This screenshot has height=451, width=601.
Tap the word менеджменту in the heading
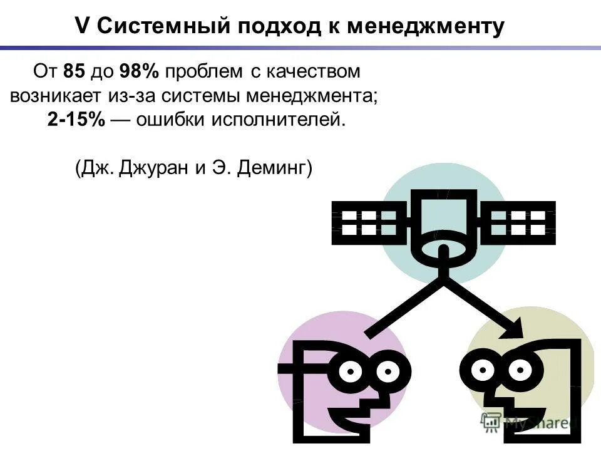426,26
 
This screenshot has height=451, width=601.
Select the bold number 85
74,72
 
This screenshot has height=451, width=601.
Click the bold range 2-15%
76,120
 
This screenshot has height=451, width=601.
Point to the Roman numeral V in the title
81,26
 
